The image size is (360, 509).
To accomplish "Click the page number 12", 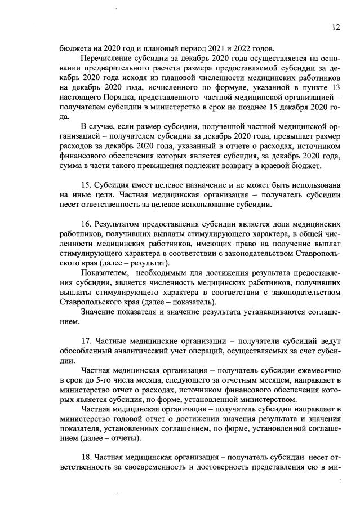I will (x=336, y=27).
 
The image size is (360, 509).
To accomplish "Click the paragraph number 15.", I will (x=87, y=185).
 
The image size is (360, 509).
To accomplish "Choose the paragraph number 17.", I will (x=87, y=342).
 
